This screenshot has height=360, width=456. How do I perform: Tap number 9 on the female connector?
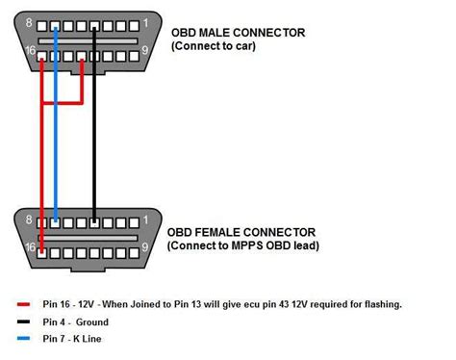[145, 248]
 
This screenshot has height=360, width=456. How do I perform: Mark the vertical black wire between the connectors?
[93, 135]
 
